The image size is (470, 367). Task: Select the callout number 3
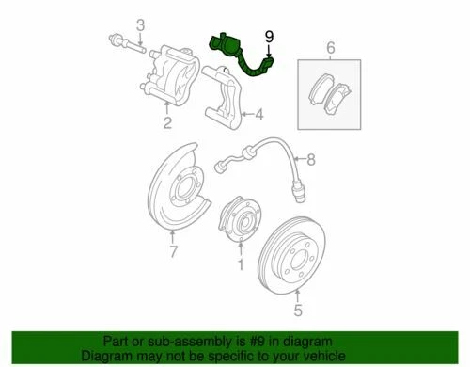[140, 24]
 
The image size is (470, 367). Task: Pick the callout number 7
[173, 253]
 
